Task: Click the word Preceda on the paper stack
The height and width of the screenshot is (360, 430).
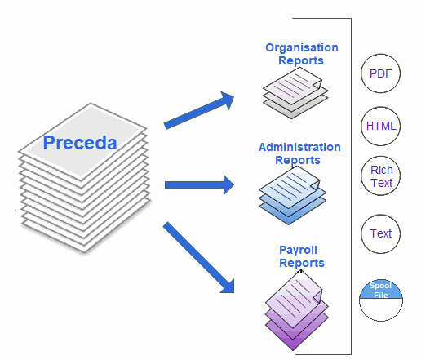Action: pyautogui.click(x=80, y=143)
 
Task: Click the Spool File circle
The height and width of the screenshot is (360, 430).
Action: pyautogui.click(x=381, y=300)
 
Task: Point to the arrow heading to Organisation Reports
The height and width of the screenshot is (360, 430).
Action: pyautogui.click(x=199, y=110)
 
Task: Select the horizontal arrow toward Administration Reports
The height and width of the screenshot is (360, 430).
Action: pyautogui.click(x=199, y=185)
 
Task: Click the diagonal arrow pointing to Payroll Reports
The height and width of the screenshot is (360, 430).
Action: pyautogui.click(x=198, y=257)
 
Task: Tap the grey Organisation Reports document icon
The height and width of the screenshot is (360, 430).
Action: pyautogui.click(x=295, y=93)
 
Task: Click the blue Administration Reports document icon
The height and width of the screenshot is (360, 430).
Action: pyautogui.click(x=293, y=195)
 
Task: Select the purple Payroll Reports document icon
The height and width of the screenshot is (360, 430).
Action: pyautogui.click(x=297, y=310)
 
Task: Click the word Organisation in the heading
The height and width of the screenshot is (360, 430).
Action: pyautogui.click(x=302, y=48)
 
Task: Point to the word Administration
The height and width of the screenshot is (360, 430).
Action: pyautogui.click(x=299, y=147)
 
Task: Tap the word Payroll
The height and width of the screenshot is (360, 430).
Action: pyautogui.click(x=298, y=251)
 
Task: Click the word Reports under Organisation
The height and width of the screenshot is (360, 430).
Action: pyautogui.click(x=301, y=60)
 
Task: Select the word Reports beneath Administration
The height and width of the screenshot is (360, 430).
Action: pyautogui.click(x=298, y=160)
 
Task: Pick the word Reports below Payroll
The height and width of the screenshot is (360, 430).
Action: pyautogui.click(x=302, y=263)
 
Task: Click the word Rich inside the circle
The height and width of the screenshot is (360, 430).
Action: pyautogui.click(x=382, y=170)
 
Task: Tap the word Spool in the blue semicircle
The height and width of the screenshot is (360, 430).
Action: pyautogui.click(x=380, y=286)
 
